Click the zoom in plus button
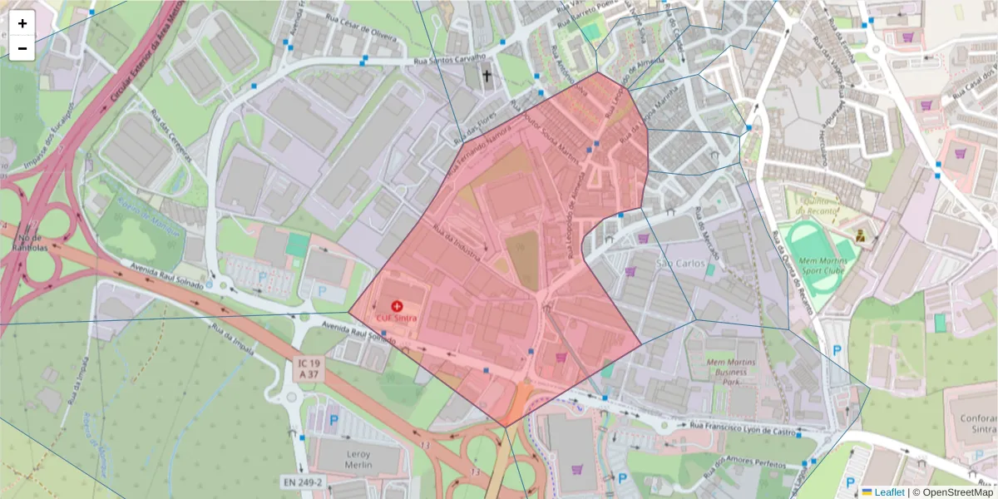(x=22, y=23)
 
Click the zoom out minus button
(x=22, y=48)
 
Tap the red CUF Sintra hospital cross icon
(x=397, y=306)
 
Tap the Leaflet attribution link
(x=882, y=492)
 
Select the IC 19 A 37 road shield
(x=309, y=369)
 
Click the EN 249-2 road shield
(x=302, y=482)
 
